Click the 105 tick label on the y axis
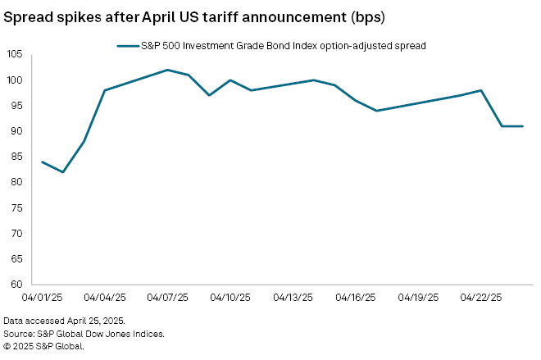[15, 55]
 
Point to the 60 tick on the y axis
[16, 285]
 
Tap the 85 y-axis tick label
[16, 157]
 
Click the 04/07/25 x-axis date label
[167, 297]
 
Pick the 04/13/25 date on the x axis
[293, 297]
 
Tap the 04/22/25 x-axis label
[481, 297]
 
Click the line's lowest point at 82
[62, 172]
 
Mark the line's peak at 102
[167, 70]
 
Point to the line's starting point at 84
[42, 162]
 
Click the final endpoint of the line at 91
[523, 126]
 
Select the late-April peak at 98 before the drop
[481, 90]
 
